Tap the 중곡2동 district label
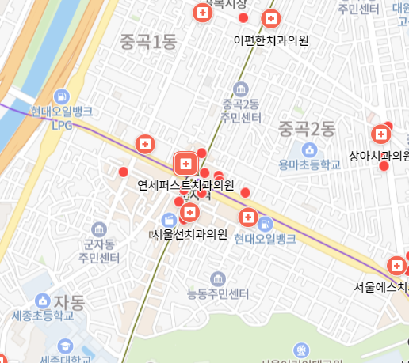(x=308, y=127)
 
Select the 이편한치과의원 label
(x=271, y=40)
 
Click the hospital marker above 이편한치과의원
(x=271, y=18)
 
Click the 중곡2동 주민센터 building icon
(x=241, y=89)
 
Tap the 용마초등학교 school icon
(x=308, y=149)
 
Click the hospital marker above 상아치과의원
(x=382, y=132)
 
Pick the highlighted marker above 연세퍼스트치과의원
(x=185, y=164)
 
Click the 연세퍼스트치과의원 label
(x=186, y=186)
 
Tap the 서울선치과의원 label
(x=189, y=234)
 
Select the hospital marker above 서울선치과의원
(x=189, y=213)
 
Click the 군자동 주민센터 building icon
(x=99, y=229)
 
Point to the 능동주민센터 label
(x=219, y=295)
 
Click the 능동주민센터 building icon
(x=219, y=278)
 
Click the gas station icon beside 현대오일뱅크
(x=265, y=223)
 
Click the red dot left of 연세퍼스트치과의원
(x=123, y=172)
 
